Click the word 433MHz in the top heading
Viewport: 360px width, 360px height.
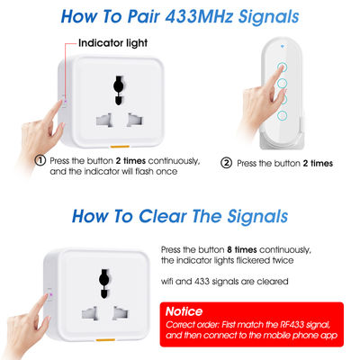199,16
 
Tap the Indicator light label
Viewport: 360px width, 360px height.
112,43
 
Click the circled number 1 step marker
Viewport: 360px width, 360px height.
40,160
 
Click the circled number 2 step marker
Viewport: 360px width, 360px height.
226,163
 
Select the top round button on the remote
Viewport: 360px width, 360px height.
282,67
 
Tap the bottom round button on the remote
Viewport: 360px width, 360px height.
283,115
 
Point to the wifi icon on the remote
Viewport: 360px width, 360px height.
283,47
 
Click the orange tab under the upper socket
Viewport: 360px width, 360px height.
120,147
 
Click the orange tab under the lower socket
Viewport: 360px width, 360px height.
105,340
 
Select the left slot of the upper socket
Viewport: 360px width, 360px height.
104,120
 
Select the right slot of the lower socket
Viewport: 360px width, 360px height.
121,313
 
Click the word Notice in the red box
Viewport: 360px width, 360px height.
184,311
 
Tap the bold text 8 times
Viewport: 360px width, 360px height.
242,249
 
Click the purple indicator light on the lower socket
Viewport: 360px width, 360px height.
50,294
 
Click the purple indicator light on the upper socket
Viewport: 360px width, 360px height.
65,101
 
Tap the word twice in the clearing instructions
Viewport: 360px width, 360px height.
283,260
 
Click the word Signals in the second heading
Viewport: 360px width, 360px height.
257,217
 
